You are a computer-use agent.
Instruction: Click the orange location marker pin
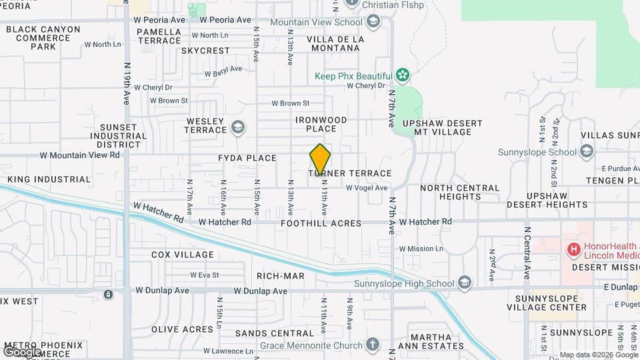point(320,159)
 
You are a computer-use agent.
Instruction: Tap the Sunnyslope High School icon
point(465,283)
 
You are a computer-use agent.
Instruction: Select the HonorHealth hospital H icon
point(573,249)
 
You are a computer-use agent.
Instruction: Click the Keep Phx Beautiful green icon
point(402,73)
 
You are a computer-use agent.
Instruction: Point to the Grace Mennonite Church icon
point(373,345)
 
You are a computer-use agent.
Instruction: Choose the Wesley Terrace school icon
point(237,127)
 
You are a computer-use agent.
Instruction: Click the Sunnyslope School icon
point(586,152)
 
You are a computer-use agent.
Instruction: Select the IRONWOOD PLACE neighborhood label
point(321,124)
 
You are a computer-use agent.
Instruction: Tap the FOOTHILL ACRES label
point(321,223)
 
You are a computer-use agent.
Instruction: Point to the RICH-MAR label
point(280,275)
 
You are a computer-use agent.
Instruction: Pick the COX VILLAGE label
point(183,255)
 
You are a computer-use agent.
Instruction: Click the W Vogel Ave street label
point(367,188)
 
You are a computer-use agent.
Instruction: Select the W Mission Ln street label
point(421,249)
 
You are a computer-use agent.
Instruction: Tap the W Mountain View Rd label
point(79,155)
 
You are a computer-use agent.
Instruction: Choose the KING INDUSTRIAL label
point(49,179)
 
